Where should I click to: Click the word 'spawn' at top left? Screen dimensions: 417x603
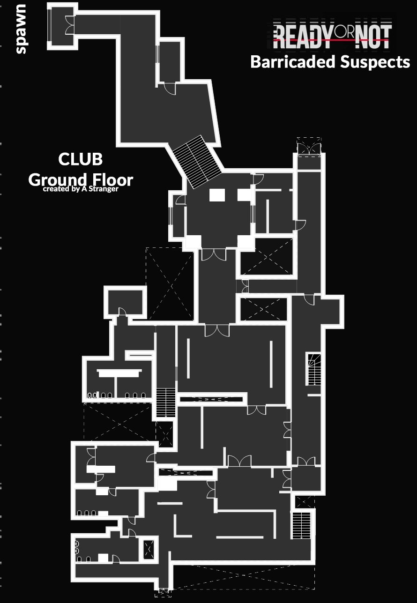(21, 29)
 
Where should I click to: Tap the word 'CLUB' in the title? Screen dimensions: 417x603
(80, 159)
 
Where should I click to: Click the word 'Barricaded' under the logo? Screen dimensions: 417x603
(293, 62)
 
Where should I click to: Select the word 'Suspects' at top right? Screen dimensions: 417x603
(375, 62)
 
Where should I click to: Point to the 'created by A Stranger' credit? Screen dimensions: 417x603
(81, 189)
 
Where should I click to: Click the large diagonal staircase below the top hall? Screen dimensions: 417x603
(197, 162)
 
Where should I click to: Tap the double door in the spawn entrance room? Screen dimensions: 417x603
(69, 25)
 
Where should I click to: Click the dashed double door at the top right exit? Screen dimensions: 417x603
(309, 147)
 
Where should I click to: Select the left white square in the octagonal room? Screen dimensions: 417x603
(217, 195)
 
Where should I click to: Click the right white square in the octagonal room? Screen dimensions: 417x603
(244, 195)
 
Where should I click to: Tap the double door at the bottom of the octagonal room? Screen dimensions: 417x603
(214, 255)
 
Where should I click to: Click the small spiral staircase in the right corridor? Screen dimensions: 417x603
(314, 369)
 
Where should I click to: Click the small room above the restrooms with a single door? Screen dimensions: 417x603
(126, 302)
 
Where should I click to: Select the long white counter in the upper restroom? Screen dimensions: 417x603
(119, 373)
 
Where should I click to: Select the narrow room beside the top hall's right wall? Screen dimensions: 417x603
(170, 61)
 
